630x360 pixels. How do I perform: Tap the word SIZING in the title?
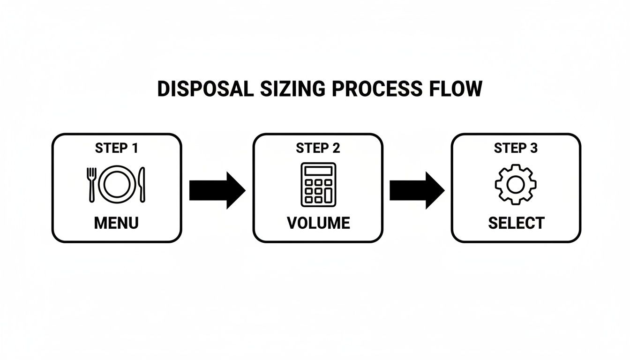tap(283, 89)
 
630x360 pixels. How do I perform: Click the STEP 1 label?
tap(116, 148)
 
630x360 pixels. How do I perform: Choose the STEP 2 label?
tap(318, 148)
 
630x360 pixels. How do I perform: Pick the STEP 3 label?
tap(516, 148)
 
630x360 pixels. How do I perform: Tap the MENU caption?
tap(116, 223)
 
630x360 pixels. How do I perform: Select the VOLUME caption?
tap(318, 223)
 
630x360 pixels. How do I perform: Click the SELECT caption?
tap(516, 223)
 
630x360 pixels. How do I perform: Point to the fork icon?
tap(92, 185)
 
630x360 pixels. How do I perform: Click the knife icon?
tap(142, 185)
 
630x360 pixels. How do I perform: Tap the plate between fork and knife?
tap(116, 185)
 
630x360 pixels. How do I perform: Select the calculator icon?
tap(318, 184)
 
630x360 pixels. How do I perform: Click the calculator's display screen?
tap(318, 171)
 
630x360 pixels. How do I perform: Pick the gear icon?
tap(516, 184)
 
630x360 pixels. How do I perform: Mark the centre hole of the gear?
tap(516, 184)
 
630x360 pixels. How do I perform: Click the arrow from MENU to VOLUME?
tap(217, 190)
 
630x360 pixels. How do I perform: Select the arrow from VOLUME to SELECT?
tap(417, 190)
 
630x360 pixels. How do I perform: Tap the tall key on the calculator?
tap(328, 195)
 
